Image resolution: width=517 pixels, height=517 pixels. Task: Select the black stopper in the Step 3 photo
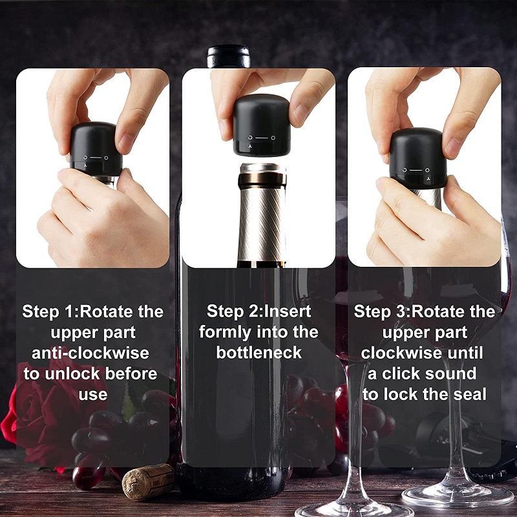(417, 158)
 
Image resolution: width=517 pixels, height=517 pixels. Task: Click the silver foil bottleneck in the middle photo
(261, 213)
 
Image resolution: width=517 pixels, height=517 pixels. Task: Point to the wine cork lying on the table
(148, 481)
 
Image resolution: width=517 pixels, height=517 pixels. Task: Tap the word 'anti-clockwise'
(90, 353)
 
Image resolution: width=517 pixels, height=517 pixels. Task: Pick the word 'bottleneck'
(258, 353)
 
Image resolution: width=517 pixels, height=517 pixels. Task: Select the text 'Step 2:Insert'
(258, 311)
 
